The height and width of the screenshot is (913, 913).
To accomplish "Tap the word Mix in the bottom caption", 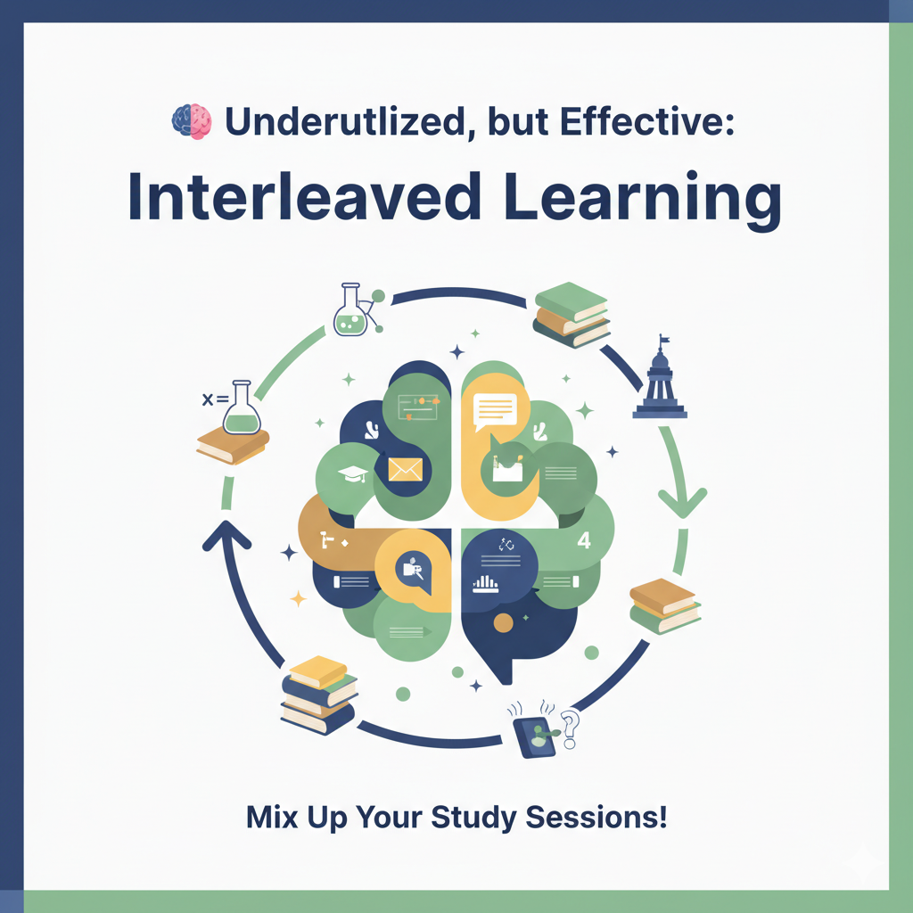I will [272, 818].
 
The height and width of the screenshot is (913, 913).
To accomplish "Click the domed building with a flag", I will [660, 378].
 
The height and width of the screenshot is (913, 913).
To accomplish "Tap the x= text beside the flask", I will [215, 399].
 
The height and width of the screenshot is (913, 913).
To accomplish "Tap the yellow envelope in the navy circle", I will [406, 468].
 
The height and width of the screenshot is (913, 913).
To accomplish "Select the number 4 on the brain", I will [585, 541].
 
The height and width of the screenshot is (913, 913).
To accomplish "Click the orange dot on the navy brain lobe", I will [504, 623].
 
